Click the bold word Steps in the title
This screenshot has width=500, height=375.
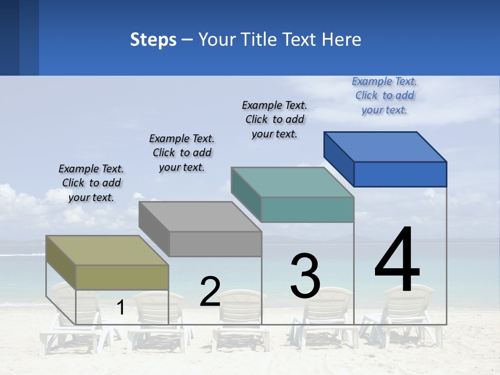(153, 40)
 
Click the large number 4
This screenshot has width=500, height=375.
(397, 260)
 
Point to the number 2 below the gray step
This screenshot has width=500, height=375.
(210, 292)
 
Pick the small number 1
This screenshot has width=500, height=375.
(121, 308)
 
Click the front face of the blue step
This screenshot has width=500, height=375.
(400, 174)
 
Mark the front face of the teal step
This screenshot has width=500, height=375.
(307, 209)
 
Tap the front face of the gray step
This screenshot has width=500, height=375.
(215, 244)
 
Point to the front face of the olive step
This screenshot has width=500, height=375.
(122, 277)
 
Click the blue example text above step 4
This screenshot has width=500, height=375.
(384, 95)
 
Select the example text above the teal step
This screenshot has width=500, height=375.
(274, 119)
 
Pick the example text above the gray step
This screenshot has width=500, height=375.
(182, 153)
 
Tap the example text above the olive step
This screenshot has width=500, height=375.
(91, 183)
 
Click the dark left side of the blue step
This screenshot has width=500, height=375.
(339, 158)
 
